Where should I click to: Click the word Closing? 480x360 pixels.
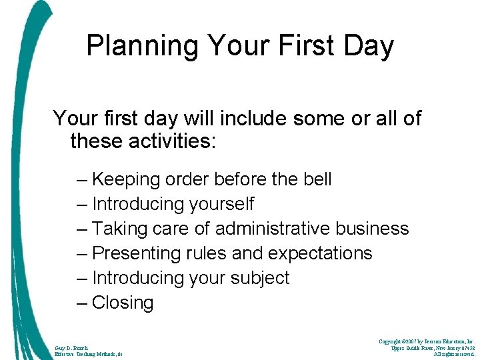[123, 303]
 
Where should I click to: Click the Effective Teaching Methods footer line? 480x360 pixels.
[89, 355]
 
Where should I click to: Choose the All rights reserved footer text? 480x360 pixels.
[454, 355]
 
